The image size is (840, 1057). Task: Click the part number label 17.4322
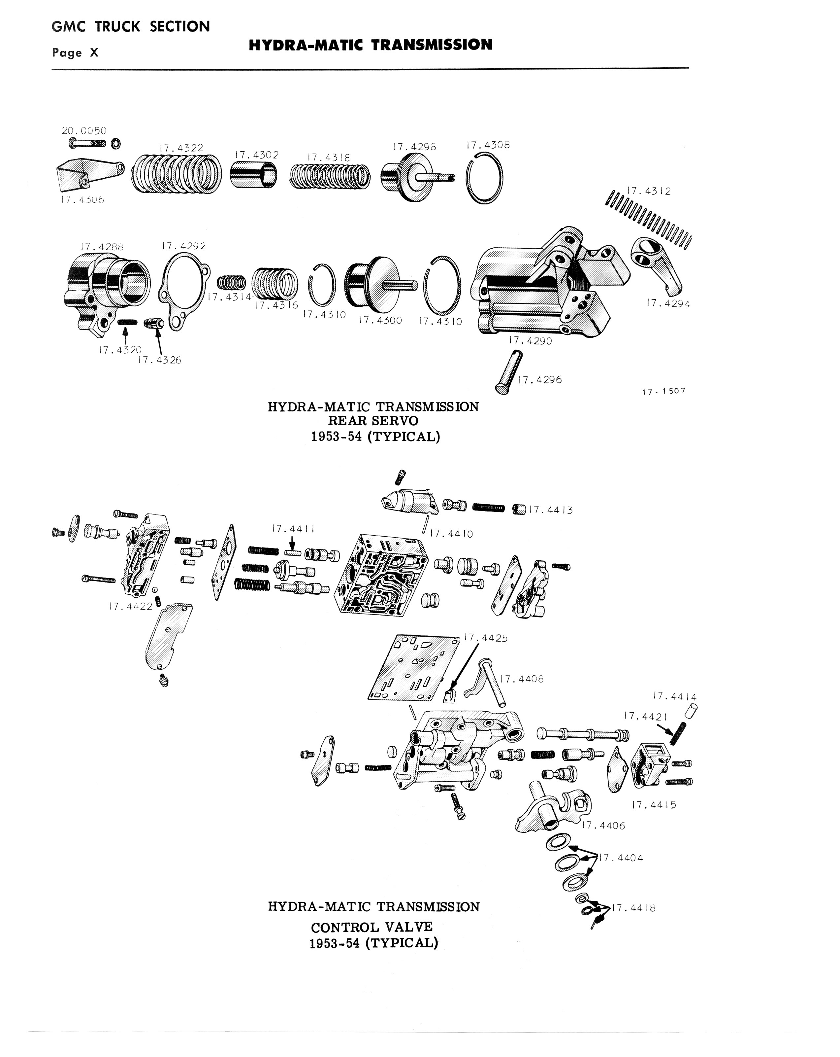(181, 148)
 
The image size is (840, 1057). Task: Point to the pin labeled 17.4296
(508, 371)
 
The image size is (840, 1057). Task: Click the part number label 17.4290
(531, 341)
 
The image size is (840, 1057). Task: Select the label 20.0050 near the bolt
(84, 131)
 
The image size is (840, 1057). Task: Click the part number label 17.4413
(551, 510)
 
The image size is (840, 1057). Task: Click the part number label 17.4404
(621, 858)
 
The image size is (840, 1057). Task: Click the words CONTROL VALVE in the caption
(372, 927)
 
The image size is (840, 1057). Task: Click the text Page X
(76, 53)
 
